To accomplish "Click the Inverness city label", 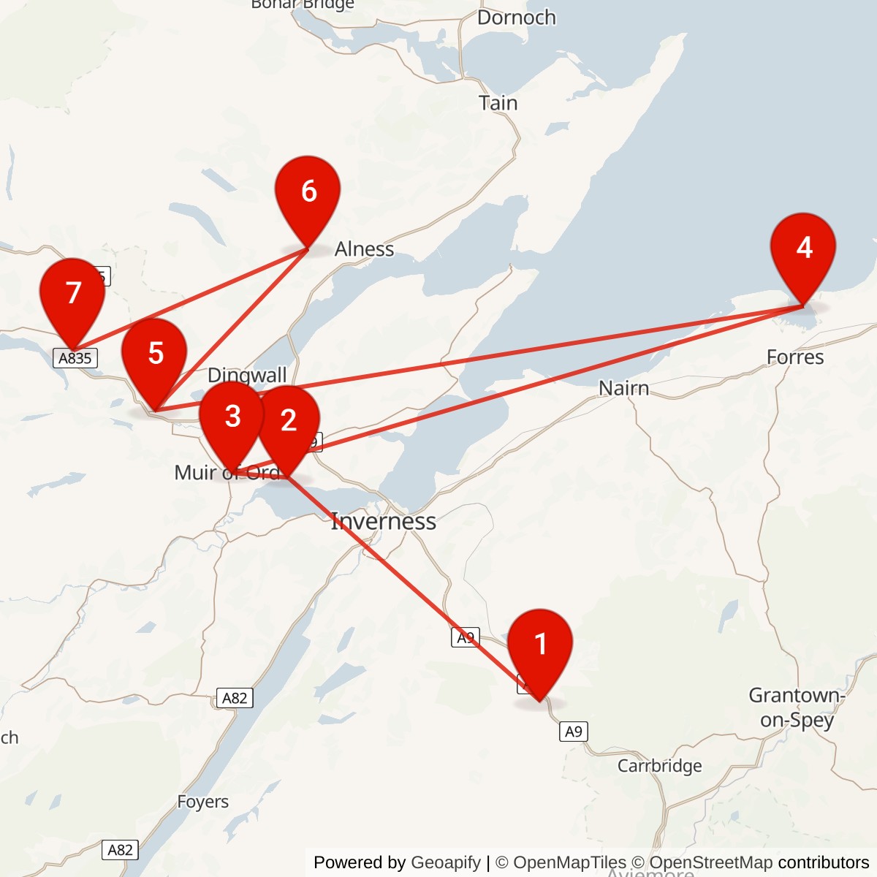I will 384,521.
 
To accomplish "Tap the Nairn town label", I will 623,388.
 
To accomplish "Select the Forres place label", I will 794,357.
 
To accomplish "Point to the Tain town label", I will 498,103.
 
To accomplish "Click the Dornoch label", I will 516,18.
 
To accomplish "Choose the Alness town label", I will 364,249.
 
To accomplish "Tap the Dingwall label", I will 247,375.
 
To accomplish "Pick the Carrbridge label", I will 659,765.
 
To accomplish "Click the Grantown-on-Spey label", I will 797,707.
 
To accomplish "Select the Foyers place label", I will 202,802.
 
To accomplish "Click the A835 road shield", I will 75,358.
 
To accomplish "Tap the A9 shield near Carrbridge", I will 574,732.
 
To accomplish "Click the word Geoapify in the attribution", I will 446,862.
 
